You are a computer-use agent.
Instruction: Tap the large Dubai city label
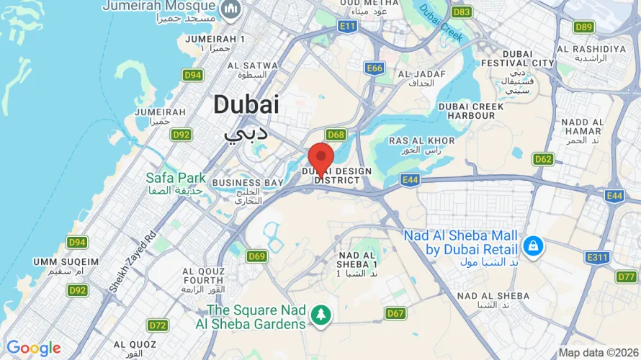(246, 105)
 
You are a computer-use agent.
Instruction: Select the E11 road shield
(347, 27)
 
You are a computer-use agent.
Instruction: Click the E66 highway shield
(375, 68)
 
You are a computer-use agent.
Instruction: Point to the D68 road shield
(336, 135)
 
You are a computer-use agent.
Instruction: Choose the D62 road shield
(543, 158)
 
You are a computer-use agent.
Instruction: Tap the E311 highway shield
(597, 256)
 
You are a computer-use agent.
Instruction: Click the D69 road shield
(256, 256)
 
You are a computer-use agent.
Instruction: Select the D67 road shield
(395, 313)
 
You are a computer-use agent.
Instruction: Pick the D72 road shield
(158, 325)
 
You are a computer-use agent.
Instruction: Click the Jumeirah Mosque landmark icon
(231, 9)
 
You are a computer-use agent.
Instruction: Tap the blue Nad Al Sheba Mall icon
(533, 245)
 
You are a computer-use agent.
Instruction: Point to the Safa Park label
(175, 178)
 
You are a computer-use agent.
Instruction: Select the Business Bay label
(247, 183)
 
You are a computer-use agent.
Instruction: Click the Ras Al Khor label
(421, 140)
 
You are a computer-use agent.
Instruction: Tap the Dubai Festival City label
(529, 58)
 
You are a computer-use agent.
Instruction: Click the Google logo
(33, 348)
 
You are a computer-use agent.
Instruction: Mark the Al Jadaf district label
(416, 74)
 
